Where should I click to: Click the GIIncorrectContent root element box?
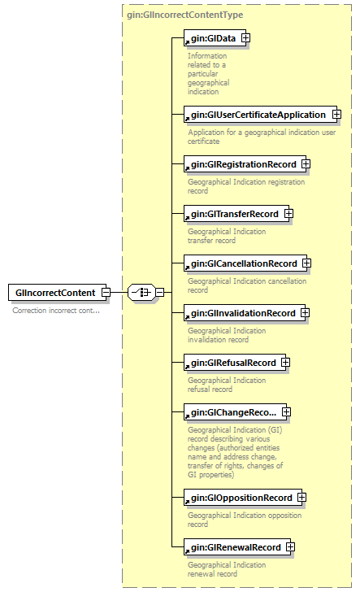[x=58, y=293]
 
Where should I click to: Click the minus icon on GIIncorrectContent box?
[x=106, y=292]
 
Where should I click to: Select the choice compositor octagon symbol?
[x=141, y=292]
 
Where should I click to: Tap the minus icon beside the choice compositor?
[x=160, y=292]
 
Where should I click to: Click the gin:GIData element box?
[x=215, y=38]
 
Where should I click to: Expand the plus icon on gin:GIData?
[x=245, y=37]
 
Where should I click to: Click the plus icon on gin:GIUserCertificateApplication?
[x=336, y=114]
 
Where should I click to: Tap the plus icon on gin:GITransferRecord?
[x=288, y=214]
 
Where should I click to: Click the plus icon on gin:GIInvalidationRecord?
[x=305, y=313]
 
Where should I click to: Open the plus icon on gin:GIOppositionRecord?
[x=301, y=498]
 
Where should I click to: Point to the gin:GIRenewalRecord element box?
[x=237, y=547]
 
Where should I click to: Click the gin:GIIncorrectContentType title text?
[x=185, y=15]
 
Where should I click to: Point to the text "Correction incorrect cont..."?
[x=56, y=311]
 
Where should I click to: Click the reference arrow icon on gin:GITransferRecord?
[x=187, y=218]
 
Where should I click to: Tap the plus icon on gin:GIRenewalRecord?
[x=291, y=547]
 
